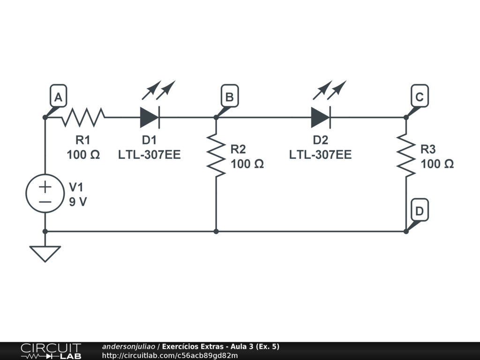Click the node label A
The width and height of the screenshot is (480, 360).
pos(58,97)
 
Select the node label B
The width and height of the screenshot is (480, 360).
pos(229,97)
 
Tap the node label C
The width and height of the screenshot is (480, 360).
pos(419,97)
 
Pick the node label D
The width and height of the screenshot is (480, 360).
pos(419,211)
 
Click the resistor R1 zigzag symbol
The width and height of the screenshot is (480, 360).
pos(83,117)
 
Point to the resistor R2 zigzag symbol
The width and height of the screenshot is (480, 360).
pos(216,155)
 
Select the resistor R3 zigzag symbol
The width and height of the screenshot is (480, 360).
pos(406,155)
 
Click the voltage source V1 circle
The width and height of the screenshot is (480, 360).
pos(45,194)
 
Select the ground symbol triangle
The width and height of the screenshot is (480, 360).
pos(45,253)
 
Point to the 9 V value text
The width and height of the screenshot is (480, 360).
pos(78,202)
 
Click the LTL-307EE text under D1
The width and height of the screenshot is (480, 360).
pos(149,155)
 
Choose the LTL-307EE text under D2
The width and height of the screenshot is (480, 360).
pos(320,155)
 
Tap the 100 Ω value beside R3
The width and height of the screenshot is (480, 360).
pos(437,164)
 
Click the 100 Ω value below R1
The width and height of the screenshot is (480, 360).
pos(83,155)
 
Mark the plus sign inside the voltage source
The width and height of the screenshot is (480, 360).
pos(45,187)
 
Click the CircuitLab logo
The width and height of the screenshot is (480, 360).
pos(51,351)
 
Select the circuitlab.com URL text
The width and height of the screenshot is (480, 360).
pos(170,355)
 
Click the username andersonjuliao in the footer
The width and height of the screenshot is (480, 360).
pos(129,346)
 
